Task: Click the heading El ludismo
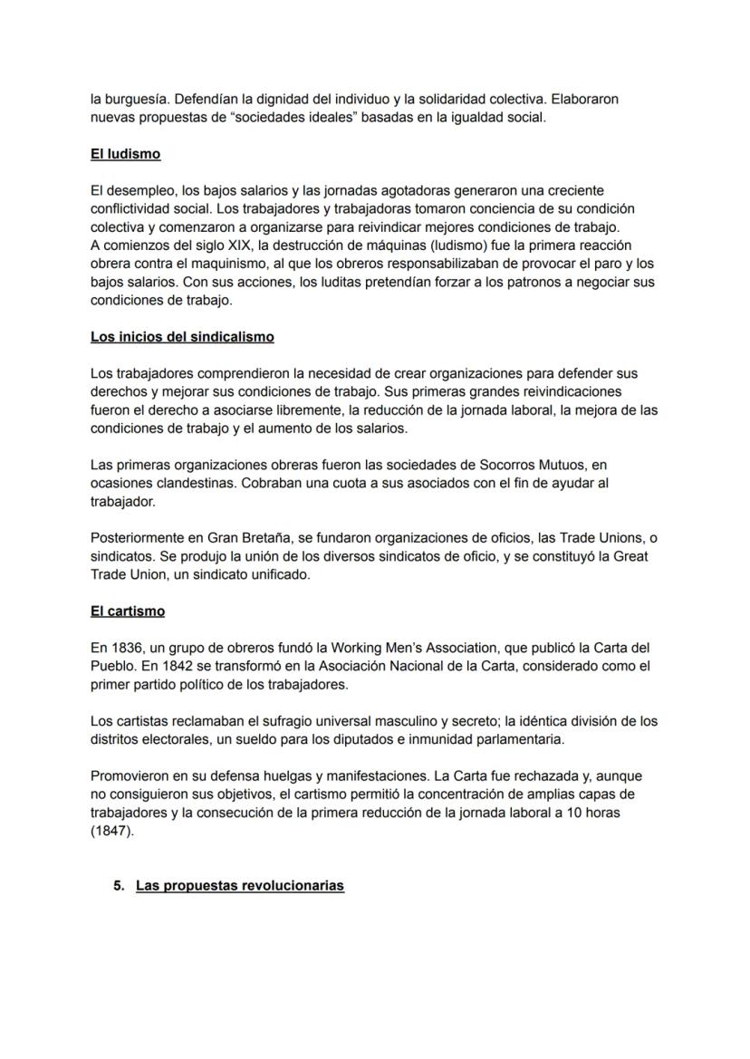coord(125,154)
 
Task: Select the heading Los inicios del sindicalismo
coord(182,337)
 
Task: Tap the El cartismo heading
coord(127,611)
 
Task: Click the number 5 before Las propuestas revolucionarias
coord(118,885)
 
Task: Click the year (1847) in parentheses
coord(111,831)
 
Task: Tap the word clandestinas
coord(192,484)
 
